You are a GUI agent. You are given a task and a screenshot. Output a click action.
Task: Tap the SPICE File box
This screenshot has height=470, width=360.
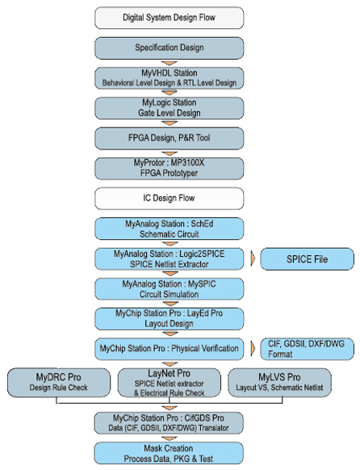pyautogui.click(x=308, y=259)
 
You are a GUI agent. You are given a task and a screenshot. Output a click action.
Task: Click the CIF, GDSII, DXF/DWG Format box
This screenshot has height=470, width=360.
pyautogui.click(x=308, y=348)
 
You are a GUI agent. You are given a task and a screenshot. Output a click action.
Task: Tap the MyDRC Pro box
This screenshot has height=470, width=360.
pyautogui.click(x=57, y=382)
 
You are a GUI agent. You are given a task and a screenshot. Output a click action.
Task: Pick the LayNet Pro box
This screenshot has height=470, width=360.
pyautogui.click(x=168, y=382)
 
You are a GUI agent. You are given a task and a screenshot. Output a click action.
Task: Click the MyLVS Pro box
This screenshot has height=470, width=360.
pyautogui.click(x=279, y=382)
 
